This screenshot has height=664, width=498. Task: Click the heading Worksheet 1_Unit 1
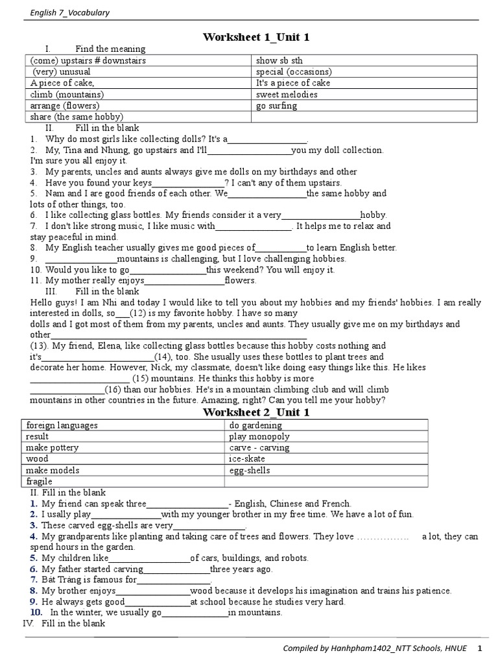(256, 37)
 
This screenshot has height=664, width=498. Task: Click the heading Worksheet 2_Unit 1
(256, 412)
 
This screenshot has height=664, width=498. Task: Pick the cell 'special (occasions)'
(293, 72)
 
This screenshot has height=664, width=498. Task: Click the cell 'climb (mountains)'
(67, 94)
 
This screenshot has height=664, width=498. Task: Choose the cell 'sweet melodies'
(287, 94)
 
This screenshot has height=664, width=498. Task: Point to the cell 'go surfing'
(276, 105)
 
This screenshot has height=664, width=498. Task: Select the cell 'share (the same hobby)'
(76, 117)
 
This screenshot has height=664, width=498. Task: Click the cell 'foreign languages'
(62, 425)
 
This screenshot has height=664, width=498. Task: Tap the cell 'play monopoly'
(259, 436)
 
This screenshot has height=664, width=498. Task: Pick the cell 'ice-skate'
(247, 458)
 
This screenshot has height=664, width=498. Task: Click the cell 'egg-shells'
(250, 470)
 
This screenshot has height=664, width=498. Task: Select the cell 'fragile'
(39, 481)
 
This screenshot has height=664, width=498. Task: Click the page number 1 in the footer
(480, 648)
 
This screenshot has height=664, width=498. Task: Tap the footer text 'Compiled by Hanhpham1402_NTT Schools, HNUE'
(372, 648)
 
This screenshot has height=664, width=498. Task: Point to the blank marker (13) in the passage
(40, 346)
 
